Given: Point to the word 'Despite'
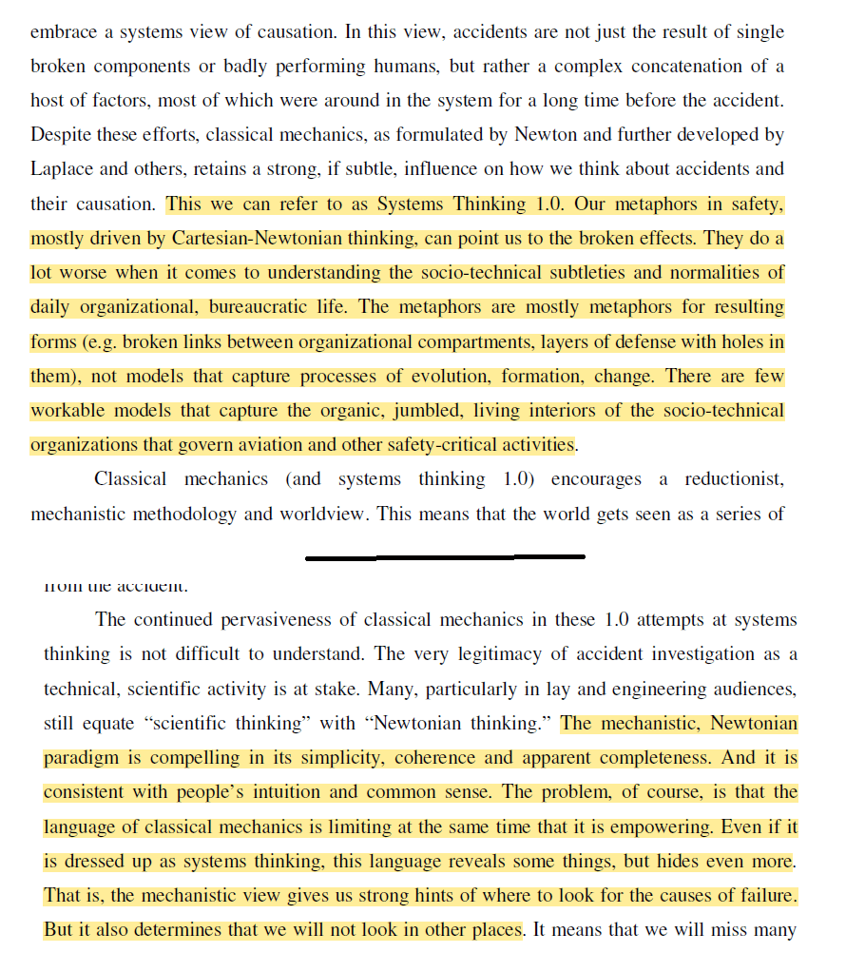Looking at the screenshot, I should [x=62, y=134].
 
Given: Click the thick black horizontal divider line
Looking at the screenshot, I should [x=445, y=556].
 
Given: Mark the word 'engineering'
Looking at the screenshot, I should [x=627, y=689].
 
